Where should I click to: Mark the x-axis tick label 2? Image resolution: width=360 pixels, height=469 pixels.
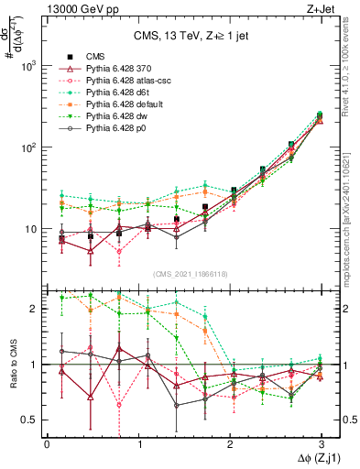pyautogui.click(x=231, y=443)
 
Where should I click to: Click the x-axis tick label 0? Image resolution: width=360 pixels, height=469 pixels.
pyautogui.click(x=47, y=443)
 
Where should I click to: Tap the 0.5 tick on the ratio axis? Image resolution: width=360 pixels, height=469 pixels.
pyautogui.click(x=32, y=420)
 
